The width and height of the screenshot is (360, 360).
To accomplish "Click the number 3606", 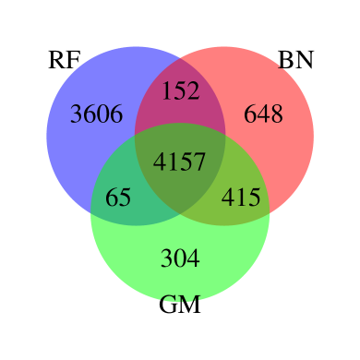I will (x=96, y=114).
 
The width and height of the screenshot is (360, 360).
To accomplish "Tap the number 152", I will (x=180, y=90).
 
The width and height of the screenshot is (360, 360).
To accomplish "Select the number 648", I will (x=263, y=114).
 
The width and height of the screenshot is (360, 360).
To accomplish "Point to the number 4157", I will (x=180, y=162).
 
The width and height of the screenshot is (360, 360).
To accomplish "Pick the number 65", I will (x=118, y=198).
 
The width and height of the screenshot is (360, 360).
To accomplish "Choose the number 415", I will (x=241, y=198).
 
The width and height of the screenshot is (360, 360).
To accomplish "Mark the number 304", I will (x=180, y=258).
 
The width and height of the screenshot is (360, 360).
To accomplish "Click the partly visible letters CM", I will (x=180, y=302).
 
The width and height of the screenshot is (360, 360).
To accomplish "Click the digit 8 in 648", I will (x=276, y=114).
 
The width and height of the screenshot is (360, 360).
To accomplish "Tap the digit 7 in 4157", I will (x=199, y=162).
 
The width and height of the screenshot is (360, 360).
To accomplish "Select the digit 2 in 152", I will (x=193, y=90).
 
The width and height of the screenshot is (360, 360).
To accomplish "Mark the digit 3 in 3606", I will (x=77, y=114).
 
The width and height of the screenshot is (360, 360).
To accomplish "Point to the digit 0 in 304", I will (x=180, y=258).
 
